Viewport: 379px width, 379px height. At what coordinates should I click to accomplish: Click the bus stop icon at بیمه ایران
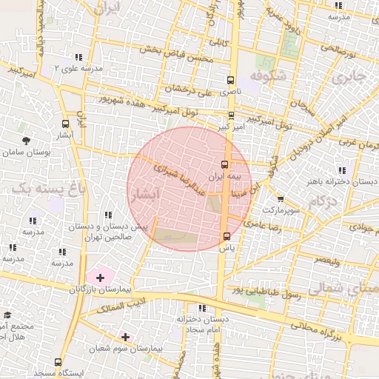225,165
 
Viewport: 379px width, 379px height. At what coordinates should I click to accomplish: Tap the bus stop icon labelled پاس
227,236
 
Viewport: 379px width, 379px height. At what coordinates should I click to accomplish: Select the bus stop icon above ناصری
229,81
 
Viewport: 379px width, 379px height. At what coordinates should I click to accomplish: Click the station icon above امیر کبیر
231,115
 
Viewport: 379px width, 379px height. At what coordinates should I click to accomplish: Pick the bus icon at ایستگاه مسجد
58,363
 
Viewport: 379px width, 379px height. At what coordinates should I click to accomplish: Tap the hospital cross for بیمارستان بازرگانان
100,278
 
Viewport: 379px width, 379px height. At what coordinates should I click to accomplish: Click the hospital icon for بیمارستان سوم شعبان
125,337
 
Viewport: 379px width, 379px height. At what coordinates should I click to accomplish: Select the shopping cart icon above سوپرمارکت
280,198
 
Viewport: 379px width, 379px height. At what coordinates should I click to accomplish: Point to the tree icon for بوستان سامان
26,140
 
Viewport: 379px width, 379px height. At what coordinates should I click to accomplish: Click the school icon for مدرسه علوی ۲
76,57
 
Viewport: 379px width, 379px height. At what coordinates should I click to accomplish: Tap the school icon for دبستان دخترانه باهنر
341,170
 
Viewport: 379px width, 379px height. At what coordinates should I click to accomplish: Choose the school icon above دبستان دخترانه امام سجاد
201,308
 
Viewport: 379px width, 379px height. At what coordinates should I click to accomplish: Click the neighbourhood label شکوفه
268,76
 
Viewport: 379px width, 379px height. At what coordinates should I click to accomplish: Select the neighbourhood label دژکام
321,201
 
